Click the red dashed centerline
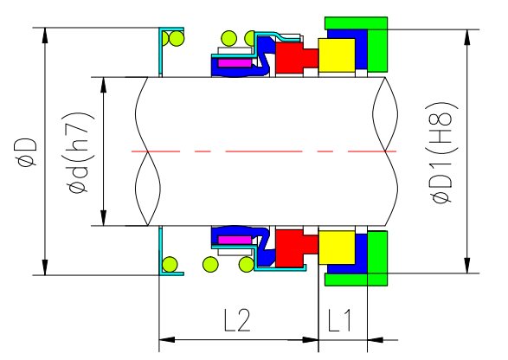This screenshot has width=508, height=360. [x=260, y=151]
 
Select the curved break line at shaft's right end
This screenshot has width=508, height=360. [x=382, y=151]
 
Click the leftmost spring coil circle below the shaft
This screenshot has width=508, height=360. [x=171, y=265]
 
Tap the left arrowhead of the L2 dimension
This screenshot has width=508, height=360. [x=164, y=337]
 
